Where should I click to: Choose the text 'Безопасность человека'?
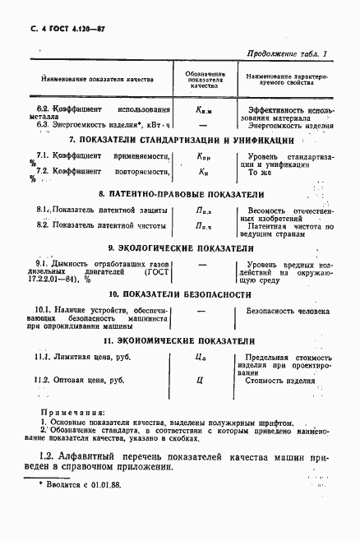pyautogui.click(x=288, y=311)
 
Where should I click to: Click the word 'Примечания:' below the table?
pyautogui.click(x=71, y=410)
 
